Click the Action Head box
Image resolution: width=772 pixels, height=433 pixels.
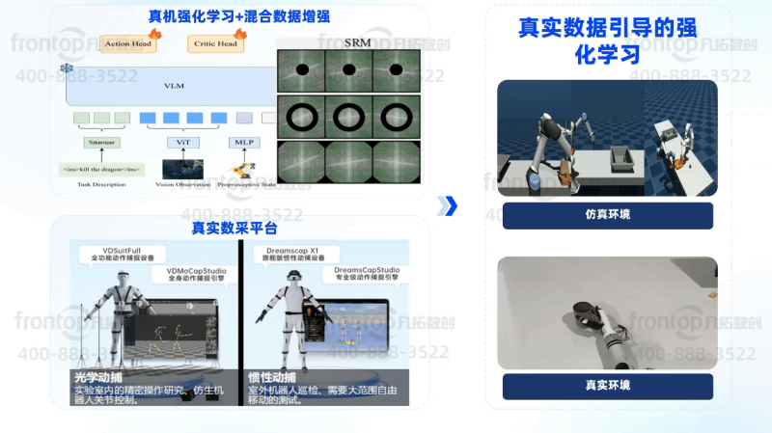tap(127, 44)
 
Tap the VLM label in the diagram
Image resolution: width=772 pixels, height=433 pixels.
tap(174, 86)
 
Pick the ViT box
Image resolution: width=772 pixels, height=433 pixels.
tap(182, 143)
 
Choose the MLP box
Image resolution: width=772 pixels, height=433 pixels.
tap(243, 143)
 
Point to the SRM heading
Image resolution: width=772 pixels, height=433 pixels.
tap(356, 43)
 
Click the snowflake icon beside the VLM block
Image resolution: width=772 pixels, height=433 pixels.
tap(67, 68)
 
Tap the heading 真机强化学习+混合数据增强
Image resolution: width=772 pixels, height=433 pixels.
tap(225, 17)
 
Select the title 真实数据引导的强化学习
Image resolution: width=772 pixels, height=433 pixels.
tap(605, 41)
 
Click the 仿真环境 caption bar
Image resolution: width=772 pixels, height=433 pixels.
tap(607, 214)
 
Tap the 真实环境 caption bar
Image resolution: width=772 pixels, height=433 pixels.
tap(607, 386)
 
